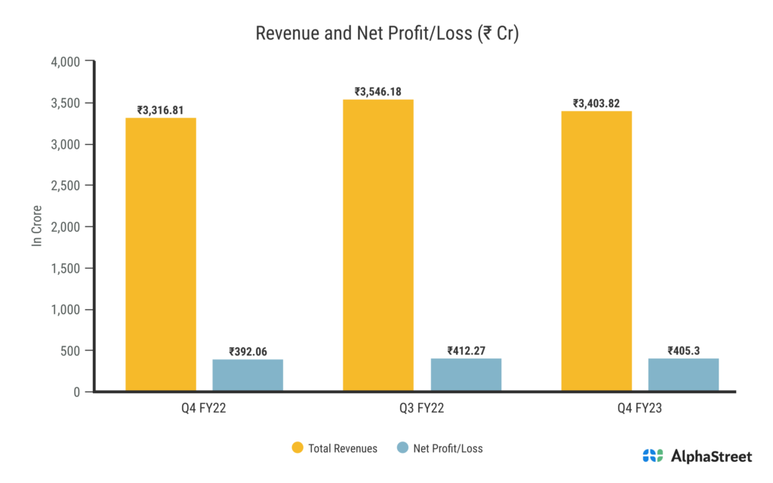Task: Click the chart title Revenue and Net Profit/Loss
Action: tap(386, 34)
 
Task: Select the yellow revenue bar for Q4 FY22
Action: tap(161, 254)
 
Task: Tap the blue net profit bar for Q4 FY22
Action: tap(248, 375)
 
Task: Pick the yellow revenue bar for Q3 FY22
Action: tap(378, 245)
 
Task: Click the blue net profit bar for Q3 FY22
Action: tap(466, 374)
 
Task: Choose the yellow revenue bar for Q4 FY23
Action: tap(596, 251)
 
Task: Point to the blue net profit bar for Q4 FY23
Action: tap(683, 374)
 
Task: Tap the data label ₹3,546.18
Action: tap(378, 91)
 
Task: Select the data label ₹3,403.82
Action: tap(596, 103)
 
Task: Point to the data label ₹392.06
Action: tap(248, 351)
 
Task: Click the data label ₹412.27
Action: tap(466, 350)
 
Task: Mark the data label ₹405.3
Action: tap(683, 350)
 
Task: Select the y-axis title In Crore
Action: tap(36, 226)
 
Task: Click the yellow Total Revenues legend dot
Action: tap(297, 448)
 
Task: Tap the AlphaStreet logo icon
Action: tap(653, 456)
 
